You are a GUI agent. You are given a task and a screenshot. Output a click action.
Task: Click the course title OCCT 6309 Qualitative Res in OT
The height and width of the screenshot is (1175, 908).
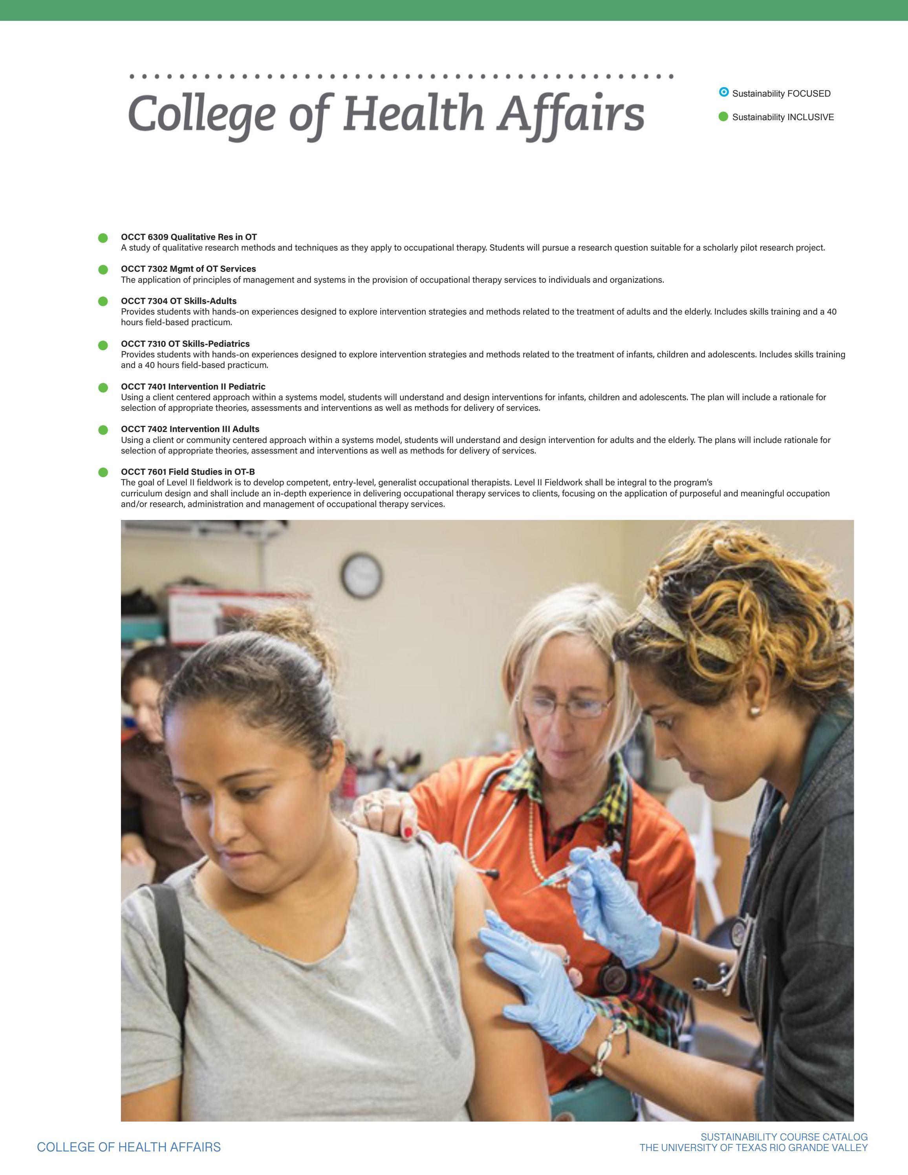[189, 237]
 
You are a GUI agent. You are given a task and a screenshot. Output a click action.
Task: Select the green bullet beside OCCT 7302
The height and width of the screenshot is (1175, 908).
[103, 269]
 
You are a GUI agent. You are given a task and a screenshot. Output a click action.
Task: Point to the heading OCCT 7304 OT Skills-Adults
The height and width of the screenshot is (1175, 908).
[179, 301]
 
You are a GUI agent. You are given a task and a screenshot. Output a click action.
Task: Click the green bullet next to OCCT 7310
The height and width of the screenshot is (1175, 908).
[103, 345]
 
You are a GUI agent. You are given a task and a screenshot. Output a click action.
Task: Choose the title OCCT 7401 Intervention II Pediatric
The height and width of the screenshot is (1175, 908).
[193, 386]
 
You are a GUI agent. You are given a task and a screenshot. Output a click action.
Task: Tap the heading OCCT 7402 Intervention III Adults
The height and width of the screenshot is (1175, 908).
[190, 429]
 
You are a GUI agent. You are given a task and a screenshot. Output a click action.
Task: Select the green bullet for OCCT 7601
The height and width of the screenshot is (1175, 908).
[103, 472]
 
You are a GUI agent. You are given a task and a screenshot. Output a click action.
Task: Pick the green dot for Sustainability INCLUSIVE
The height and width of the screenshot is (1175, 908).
[723, 117]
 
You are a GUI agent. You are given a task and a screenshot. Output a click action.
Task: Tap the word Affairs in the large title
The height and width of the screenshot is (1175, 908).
[571, 114]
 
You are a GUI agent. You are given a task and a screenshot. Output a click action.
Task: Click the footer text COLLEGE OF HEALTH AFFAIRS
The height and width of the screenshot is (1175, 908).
[128, 1147]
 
